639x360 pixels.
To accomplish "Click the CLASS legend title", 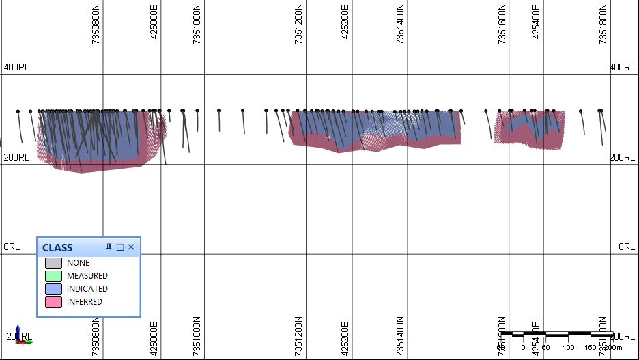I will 57,247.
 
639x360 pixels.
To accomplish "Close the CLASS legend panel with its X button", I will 131,247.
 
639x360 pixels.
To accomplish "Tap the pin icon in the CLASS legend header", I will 109,247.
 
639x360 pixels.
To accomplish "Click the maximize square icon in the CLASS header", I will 119,247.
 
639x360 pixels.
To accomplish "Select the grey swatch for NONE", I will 53,263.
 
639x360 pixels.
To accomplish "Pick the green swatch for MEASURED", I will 53,276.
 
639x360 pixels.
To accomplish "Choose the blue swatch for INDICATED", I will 53,289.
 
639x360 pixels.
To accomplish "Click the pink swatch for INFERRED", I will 53,302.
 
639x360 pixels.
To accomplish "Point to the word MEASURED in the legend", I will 87,276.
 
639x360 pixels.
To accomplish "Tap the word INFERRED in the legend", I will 85,302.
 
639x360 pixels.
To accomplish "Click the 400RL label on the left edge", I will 16,68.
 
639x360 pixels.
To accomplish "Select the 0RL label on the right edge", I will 627,247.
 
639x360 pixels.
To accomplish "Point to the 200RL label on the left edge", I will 16,158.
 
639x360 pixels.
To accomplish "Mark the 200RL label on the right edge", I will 622,158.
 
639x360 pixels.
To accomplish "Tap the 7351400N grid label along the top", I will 400,25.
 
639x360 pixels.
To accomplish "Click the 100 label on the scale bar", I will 568,348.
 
